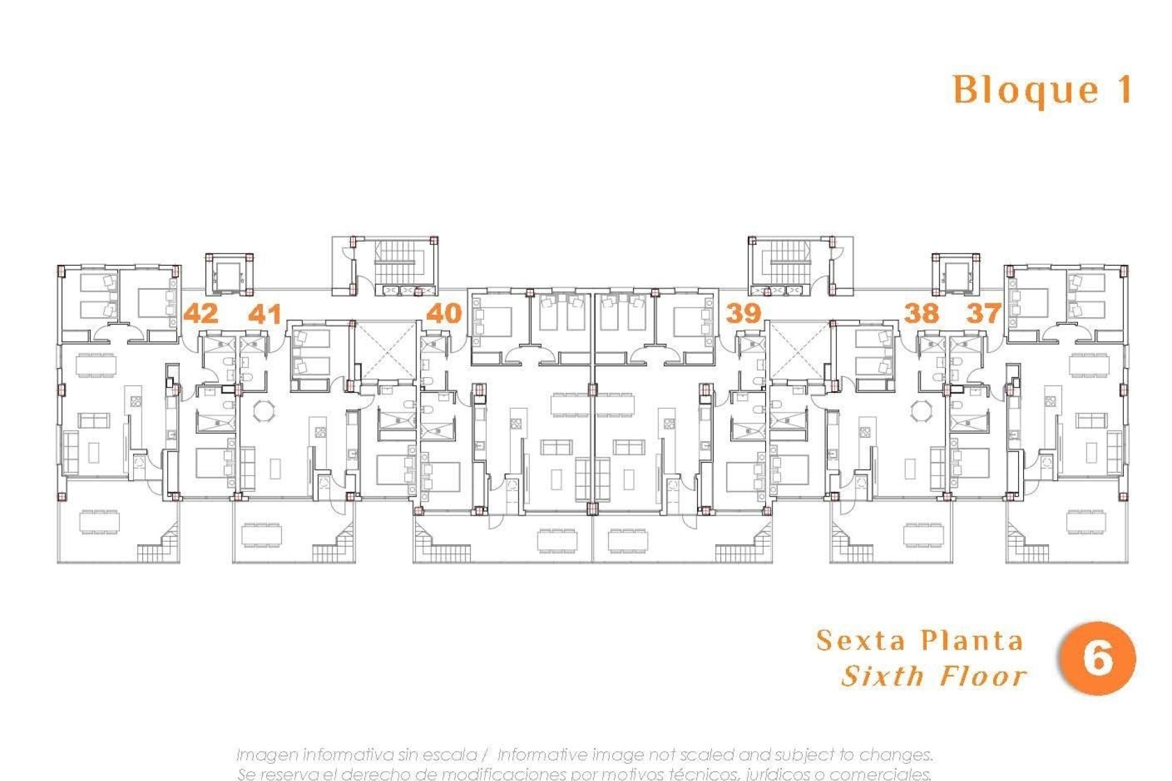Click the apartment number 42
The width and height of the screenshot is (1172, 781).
click(201, 314)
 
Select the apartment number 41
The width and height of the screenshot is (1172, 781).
click(265, 314)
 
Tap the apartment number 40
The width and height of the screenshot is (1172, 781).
click(444, 314)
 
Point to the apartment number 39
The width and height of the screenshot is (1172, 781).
click(743, 314)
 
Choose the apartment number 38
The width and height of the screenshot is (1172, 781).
click(921, 314)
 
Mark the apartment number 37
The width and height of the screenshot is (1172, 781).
click(983, 314)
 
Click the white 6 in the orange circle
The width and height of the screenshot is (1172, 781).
click(1097, 658)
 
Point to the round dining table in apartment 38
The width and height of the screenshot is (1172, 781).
click(921, 410)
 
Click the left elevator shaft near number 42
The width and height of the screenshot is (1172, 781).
click(229, 276)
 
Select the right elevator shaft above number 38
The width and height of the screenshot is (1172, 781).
click(955, 276)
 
